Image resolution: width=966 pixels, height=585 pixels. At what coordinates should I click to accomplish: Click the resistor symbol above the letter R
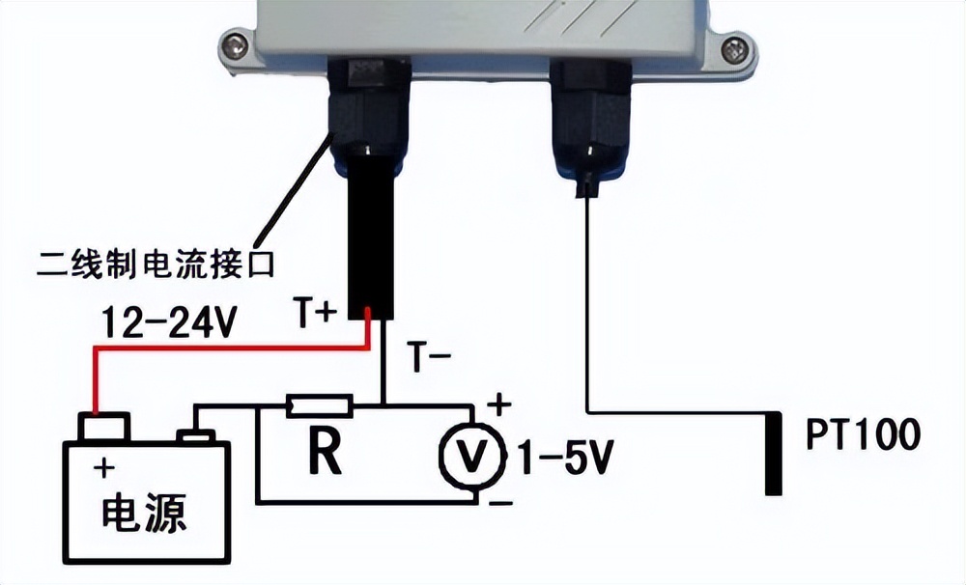[x=320, y=406]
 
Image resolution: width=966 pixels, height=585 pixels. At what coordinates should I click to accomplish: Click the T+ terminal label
[x=319, y=311]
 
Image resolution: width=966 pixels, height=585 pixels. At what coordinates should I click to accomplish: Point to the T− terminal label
[x=429, y=358]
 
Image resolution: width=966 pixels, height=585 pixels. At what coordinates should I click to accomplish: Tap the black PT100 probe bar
[x=773, y=453]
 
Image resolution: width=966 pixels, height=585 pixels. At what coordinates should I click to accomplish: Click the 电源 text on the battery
[x=145, y=512]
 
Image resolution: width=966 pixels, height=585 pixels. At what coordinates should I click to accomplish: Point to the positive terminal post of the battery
[x=103, y=426]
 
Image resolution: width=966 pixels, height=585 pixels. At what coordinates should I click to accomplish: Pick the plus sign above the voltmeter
[x=499, y=404]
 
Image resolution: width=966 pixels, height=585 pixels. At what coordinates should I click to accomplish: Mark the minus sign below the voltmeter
[x=499, y=503]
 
